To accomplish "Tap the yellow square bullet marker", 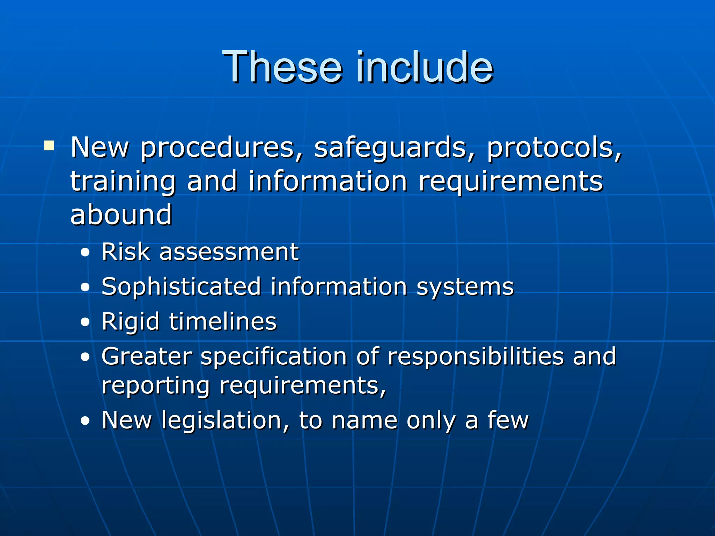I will click(x=49, y=145).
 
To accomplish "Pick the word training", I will click(x=123, y=181).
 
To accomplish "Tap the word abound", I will click(x=121, y=214).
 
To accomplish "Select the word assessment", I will click(x=229, y=252).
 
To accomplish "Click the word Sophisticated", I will click(x=181, y=287).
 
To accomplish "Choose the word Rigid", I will click(x=130, y=322).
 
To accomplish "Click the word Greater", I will click(x=147, y=356).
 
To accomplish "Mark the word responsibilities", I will click(x=476, y=357).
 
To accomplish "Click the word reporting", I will click(x=155, y=386).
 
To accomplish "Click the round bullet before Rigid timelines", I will click(x=85, y=322).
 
